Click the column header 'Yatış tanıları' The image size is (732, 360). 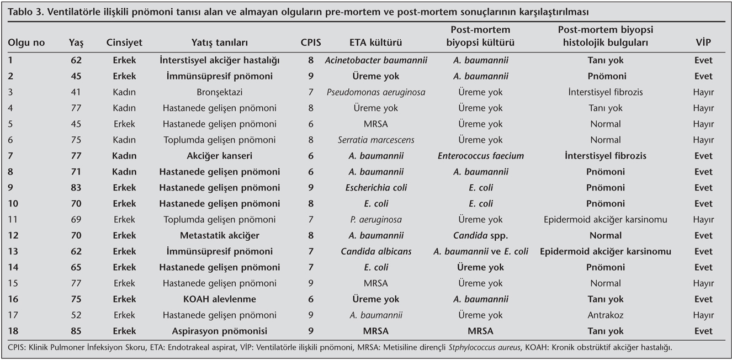point(219,43)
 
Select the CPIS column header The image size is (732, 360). point(311,43)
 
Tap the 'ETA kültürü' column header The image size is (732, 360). point(375,43)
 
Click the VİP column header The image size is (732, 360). point(703,43)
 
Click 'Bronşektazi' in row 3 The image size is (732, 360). point(219,92)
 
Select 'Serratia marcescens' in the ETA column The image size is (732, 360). point(375,140)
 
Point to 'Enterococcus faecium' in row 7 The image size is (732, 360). point(480,156)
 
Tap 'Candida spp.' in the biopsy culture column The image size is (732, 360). point(480,236)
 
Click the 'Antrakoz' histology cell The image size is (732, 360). point(606,315)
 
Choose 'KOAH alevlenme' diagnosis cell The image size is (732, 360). point(219,299)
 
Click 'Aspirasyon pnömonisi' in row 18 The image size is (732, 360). point(219,331)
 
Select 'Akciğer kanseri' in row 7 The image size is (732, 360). point(219,156)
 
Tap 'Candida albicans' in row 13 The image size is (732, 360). point(375,252)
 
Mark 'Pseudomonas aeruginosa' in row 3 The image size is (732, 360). point(375,92)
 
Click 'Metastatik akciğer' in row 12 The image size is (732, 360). point(219,236)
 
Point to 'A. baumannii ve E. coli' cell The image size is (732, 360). point(480,252)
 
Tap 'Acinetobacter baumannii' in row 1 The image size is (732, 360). point(375,60)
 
